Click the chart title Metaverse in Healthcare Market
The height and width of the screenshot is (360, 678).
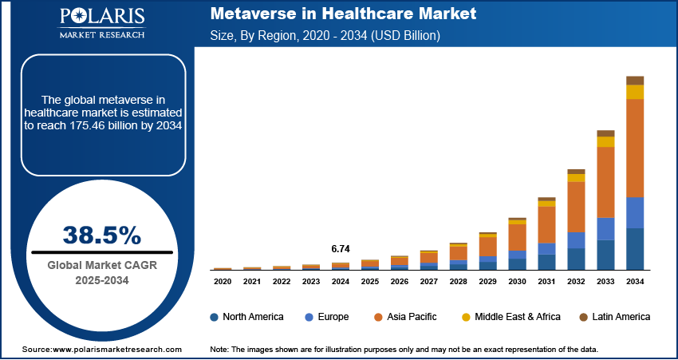[342, 14]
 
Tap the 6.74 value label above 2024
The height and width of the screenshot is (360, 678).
[340, 248]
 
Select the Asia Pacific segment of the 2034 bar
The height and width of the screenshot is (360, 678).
[635, 148]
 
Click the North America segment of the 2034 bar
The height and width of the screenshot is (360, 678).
[635, 249]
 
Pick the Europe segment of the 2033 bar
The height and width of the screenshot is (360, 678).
[605, 228]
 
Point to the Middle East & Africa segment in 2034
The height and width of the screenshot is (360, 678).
[635, 92]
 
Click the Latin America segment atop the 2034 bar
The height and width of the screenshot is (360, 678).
[635, 80]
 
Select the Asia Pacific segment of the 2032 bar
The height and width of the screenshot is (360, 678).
[576, 207]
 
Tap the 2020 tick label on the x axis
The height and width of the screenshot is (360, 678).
[223, 281]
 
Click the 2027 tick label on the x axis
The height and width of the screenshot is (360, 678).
[428, 281]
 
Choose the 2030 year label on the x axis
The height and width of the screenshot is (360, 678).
[517, 281]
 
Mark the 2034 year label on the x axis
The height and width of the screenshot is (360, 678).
[635, 281]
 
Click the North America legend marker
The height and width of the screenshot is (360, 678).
[215, 317]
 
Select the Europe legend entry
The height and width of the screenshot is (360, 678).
[326, 317]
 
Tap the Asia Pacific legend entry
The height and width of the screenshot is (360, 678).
[408, 317]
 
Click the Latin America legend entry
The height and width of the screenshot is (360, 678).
[613, 317]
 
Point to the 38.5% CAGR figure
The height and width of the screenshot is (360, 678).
[101, 235]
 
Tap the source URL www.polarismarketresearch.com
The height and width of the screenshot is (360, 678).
[118, 350]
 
